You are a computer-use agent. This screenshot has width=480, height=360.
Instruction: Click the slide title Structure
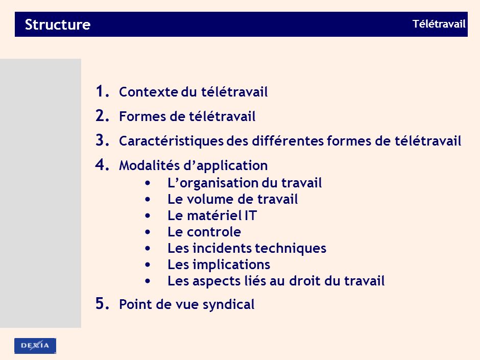click(x=57, y=25)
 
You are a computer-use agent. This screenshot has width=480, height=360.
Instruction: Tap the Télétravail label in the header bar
click(x=439, y=24)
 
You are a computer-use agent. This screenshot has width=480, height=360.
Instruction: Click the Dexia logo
click(x=35, y=346)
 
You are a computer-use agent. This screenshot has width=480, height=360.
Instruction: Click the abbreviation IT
click(x=250, y=215)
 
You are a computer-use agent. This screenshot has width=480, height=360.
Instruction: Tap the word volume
click(x=209, y=199)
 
